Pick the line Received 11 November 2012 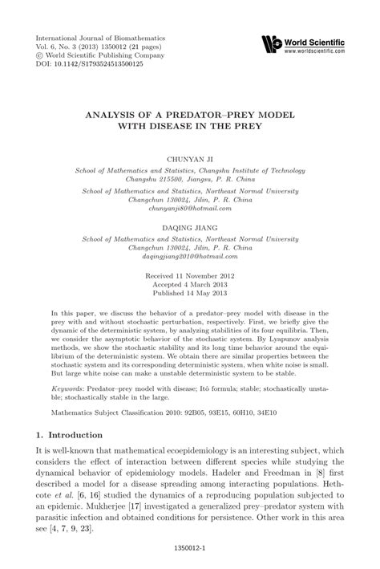tap(190, 275)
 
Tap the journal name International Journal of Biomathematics tap(96, 37)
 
